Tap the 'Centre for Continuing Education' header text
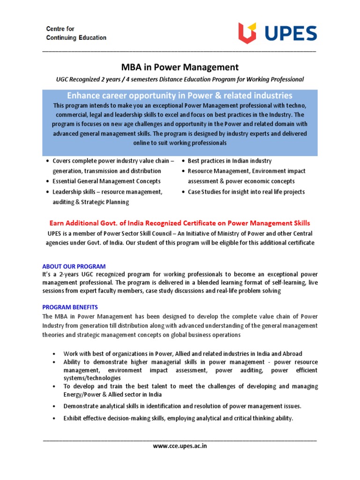point(76,33)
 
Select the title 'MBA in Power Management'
point(180,67)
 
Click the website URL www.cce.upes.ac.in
point(180,446)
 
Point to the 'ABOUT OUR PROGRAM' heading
point(74,266)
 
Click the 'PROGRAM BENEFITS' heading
point(70,307)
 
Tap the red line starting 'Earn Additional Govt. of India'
point(180,223)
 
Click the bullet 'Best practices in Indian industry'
point(229,161)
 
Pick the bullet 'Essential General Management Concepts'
point(106,181)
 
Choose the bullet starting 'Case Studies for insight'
point(246,192)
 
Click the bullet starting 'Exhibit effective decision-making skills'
point(178,418)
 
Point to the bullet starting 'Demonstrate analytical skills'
point(182,406)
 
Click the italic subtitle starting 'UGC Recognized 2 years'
point(180,79)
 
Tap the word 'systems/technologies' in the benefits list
point(92,378)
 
